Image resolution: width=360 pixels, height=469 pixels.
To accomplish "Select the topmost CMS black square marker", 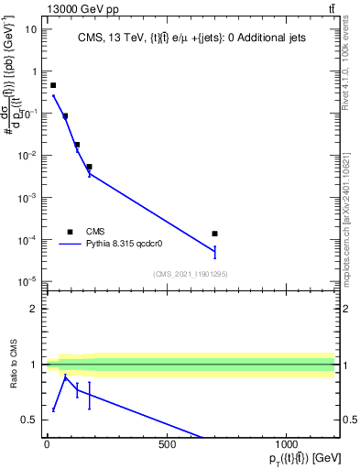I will (53, 85).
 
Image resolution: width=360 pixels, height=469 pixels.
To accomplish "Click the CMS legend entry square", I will (70, 232).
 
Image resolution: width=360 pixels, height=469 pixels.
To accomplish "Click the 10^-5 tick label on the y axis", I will (27, 281).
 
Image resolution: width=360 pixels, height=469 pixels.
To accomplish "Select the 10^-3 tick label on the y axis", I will (27, 197).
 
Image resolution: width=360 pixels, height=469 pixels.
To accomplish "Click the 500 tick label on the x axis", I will (167, 444).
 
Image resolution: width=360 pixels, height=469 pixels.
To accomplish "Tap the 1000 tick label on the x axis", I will (287, 444).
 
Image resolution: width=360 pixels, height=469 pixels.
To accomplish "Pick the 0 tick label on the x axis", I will (47, 444).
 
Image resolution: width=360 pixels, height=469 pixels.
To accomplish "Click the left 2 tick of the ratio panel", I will (33, 309).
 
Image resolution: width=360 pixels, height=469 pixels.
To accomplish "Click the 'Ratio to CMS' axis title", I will (13, 365).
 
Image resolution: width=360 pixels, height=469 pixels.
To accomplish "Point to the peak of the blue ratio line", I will (65, 376).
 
